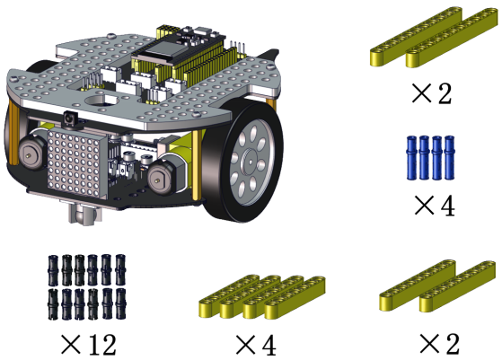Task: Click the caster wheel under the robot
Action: [x=84, y=214]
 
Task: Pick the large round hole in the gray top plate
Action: [x=101, y=101]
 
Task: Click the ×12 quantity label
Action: [x=88, y=345]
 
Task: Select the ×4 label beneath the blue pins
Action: [x=435, y=206]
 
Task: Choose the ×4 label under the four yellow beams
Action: [x=255, y=345]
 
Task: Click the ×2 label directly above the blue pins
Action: [x=432, y=93]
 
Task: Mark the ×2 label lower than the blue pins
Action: [x=439, y=344]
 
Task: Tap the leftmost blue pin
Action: [x=411, y=157]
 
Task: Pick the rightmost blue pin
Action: [x=450, y=157]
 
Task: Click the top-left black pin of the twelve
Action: [x=53, y=270]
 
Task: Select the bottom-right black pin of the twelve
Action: [x=120, y=303]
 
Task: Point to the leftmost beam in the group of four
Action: [x=229, y=295]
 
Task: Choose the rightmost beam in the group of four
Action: [x=295, y=297]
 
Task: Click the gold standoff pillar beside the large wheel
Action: [x=197, y=166]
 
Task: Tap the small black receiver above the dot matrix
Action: [x=68, y=119]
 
